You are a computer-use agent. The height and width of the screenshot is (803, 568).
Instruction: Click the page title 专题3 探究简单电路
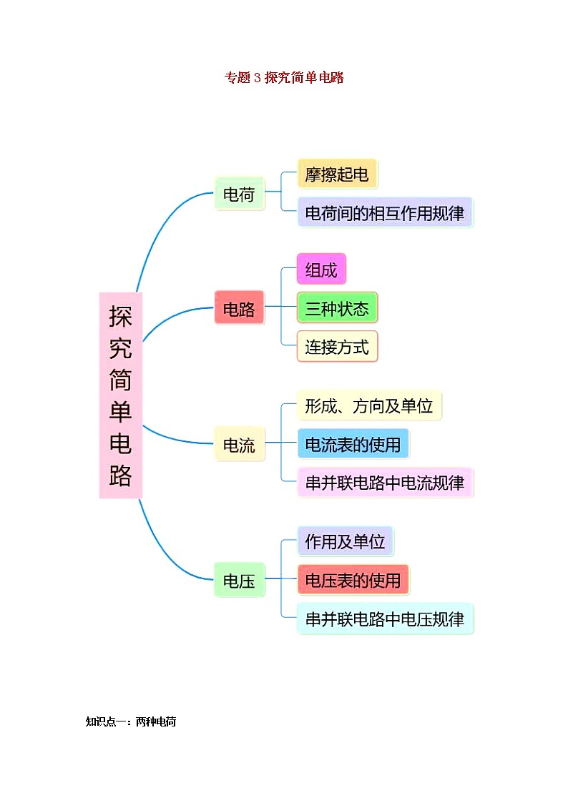[284, 78]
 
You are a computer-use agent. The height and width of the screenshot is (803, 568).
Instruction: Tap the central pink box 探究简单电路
[121, 395]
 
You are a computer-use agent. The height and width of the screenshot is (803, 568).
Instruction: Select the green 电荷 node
[239, 194]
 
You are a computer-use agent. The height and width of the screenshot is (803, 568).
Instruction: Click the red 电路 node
[239, 309]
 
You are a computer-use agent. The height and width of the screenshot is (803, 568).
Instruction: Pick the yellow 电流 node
[239, 444]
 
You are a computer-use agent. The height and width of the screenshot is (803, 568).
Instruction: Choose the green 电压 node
[239, 580]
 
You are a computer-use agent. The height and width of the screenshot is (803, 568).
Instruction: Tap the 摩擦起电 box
[337, 174]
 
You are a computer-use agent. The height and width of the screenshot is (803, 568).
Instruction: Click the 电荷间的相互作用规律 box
[385, 212]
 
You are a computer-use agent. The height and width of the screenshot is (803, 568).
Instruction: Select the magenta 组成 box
[321, 270]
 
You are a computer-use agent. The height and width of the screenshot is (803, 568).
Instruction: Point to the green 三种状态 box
[337, 308]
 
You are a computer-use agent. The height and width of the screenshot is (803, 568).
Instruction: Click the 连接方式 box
[337, 347]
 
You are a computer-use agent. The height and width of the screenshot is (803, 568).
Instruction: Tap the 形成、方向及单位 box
[369, 406]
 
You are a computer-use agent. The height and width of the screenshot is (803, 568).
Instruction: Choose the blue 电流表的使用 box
[353, 444]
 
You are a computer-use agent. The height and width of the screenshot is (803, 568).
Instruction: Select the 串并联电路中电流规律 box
[385, 483]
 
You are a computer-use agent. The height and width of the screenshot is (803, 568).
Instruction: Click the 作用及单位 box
[345, 541]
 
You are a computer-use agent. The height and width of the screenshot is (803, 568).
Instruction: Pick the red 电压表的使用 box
[353, 580]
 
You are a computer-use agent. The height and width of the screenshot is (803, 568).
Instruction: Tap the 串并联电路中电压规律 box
[385, 619]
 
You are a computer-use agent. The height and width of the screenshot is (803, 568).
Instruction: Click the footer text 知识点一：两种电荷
[131, 722]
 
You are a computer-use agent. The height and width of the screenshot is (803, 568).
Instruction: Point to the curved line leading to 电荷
[159, 222]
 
